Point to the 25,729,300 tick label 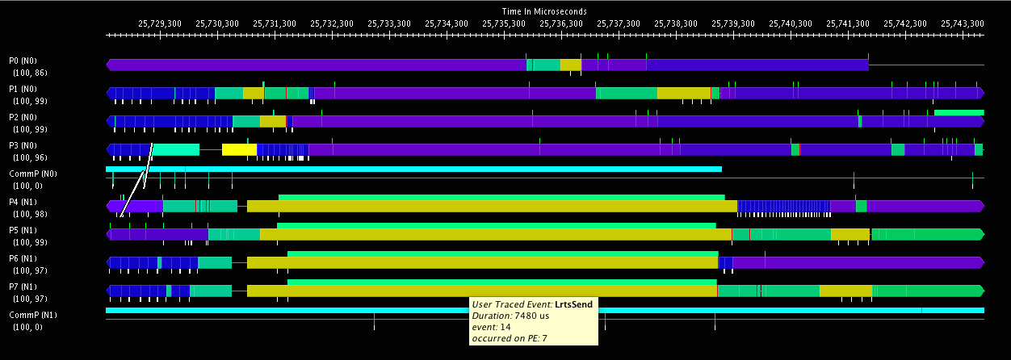160,24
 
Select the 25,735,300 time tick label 504,24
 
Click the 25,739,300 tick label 733,24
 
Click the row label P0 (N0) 23,61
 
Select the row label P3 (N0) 23,145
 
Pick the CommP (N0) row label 29,174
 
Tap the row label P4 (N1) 23,202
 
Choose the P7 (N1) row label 23,287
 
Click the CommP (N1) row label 29,315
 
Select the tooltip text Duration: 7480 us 512,316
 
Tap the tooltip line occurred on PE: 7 510,338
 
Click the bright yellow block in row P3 239,149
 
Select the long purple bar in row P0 315,65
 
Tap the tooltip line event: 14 492,327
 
